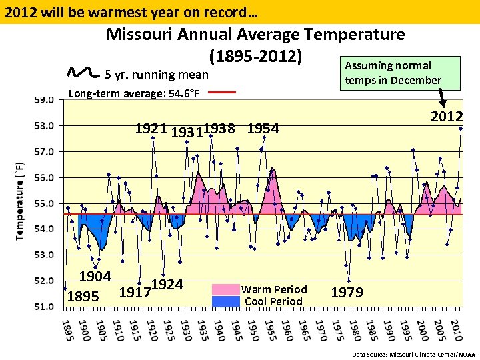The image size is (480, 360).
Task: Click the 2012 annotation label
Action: click(446, 117)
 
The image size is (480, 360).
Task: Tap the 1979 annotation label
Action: click(347, 293)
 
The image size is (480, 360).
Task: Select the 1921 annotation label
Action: click(151, 129)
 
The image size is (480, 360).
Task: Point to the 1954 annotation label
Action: click(263, 129)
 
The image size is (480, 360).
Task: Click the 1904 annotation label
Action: click(95, 276)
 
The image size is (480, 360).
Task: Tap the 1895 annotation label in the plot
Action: click(83, 296)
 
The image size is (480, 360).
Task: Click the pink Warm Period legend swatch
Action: click(225, 289)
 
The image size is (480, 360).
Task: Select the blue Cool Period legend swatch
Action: click(225, 301)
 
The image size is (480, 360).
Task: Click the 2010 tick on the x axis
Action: click(456, 330)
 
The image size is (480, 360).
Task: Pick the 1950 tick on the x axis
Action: click(253, 330)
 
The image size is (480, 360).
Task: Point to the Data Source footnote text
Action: click(413, 355)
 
